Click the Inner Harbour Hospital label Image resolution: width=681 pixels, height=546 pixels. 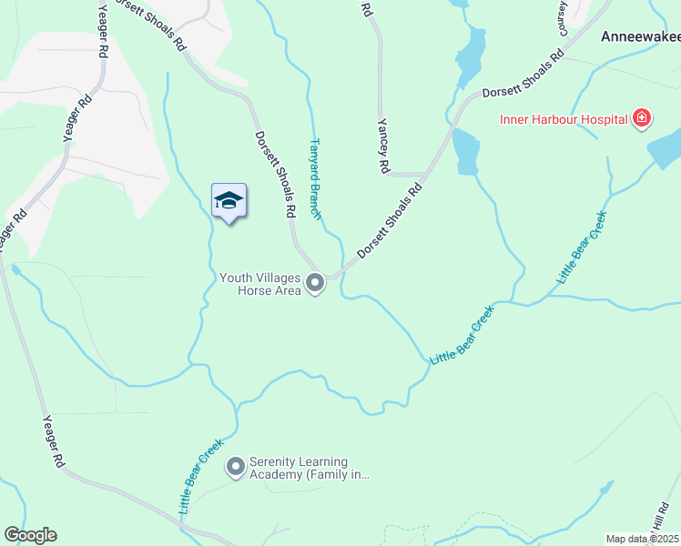click(x=564, y=119)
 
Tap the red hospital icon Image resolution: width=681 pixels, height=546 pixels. click(x=642, y=118)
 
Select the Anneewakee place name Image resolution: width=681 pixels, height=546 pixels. click(x=640, y=37)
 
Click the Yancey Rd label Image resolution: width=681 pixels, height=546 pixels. click(x=383, y=147)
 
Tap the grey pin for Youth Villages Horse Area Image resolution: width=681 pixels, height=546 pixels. click(x=315, y=284)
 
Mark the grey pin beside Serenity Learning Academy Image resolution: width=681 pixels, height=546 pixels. click(x=236, y=468)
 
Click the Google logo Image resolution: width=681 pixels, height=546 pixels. click(x=30, y=535)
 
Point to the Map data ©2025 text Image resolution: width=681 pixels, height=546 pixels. click(x=642, y=539)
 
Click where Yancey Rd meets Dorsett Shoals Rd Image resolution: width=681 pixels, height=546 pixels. click(x=427, y=173)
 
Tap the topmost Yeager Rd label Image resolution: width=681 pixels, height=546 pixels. click(x=103, y=17)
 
